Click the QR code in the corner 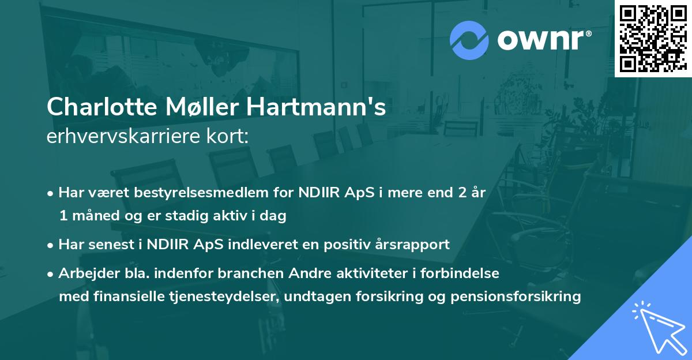click(x=653, y=39)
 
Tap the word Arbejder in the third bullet click(x=84, y=273)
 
